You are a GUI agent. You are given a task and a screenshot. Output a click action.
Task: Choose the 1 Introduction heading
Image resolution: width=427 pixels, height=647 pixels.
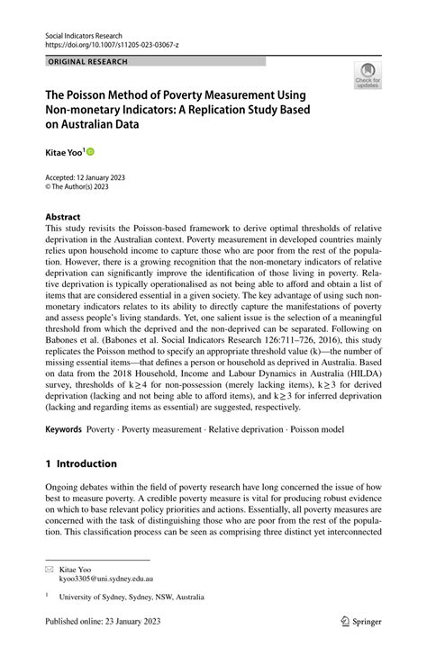(x=81, y=463)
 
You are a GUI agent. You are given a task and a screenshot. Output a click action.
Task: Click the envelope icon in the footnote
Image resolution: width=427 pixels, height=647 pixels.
(x=50, y=571)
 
